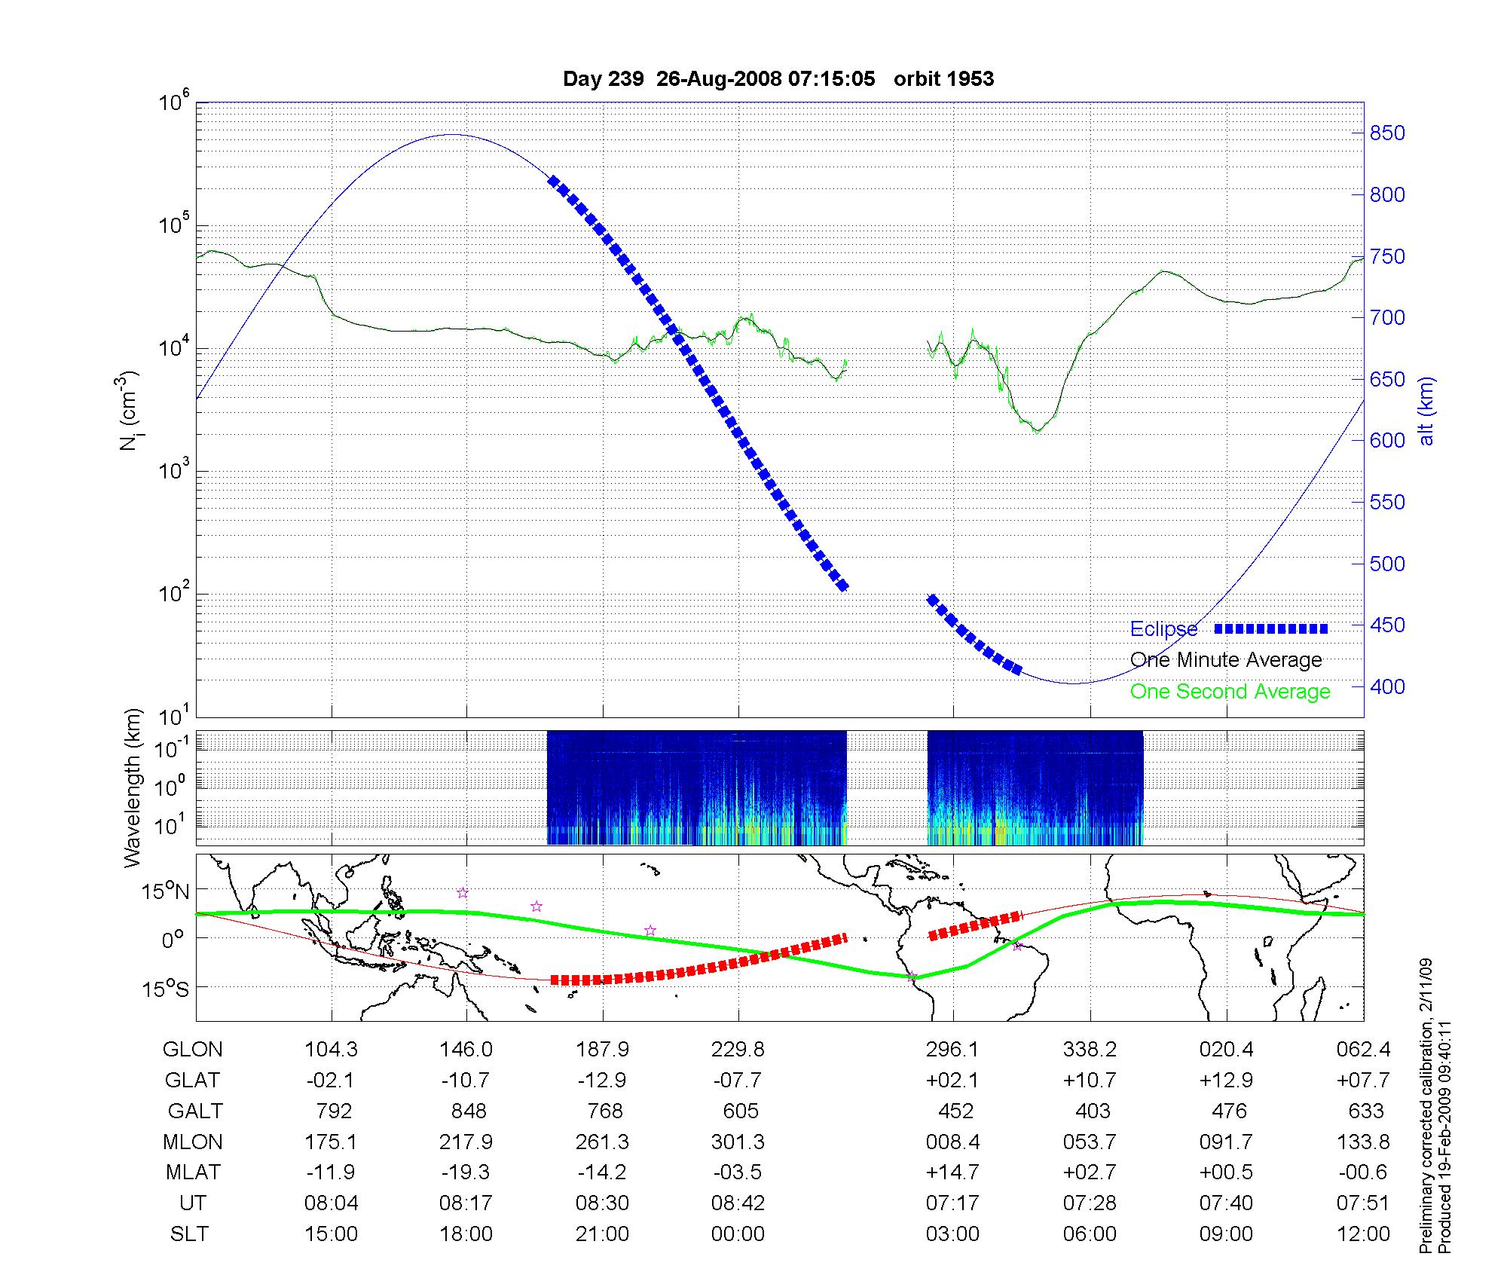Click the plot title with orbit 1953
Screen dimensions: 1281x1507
point(778,79)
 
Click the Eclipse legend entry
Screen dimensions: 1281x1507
point(1163,629)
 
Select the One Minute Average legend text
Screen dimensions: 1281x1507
point(1226,660)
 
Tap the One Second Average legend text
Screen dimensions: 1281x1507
point(1230,692)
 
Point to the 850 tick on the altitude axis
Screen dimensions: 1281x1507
point(1387,133)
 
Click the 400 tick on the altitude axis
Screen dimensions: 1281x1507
point(1387,686)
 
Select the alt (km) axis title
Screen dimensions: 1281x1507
point(1426,411)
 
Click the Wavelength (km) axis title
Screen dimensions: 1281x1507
point(133,788)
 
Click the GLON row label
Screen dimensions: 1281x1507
point(193,1050)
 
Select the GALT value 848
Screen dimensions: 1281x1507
point(467,1111)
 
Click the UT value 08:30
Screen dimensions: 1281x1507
point(602,1203)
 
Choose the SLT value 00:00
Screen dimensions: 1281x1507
point(738,1234)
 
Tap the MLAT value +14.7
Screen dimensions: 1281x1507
point(953,1172)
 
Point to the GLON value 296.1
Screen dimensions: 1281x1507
point(953,1050)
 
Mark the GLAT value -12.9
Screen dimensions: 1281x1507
point(602,1081)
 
